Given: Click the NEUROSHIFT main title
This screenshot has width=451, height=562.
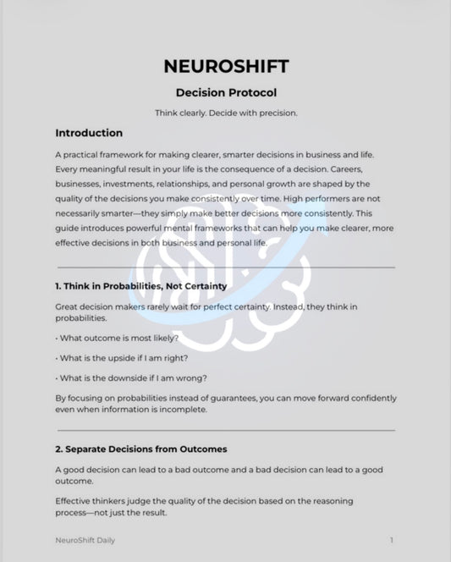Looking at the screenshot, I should click(225, 66).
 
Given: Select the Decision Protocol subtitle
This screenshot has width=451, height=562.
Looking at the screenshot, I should click(225, 92).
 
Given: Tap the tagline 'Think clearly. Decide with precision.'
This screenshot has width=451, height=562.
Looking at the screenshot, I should click(225, 113).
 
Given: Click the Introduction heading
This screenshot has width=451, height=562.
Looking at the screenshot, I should click(89, 133).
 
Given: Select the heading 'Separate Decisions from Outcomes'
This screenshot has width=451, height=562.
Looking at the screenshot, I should click(140, 449).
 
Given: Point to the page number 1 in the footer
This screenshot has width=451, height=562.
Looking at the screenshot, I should click(391, 539).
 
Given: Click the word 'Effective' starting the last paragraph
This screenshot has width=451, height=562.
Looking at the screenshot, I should click(76, 501).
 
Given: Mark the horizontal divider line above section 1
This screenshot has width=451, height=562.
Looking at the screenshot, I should click(225, 267).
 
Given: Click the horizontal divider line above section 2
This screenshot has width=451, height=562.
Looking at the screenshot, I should click(225, 430).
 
